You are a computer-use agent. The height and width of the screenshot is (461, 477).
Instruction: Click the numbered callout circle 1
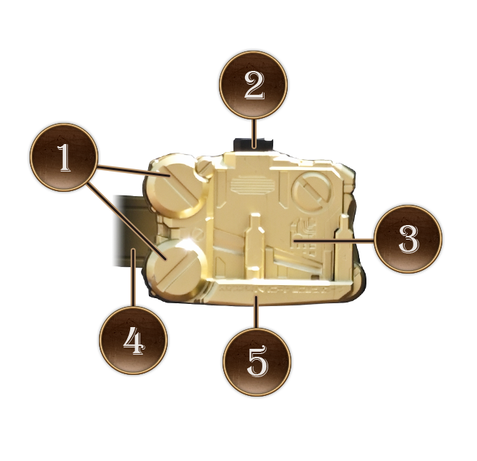[x=64, y=157]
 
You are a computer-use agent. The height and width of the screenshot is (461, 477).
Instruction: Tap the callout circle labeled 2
[x=254, y=85]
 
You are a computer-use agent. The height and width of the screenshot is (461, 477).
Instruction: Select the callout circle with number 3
[x=408, y=239]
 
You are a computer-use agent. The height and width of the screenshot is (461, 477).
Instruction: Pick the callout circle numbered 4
[x=133, y=340]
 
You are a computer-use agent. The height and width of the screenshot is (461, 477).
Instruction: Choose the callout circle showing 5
[x=257, y=362]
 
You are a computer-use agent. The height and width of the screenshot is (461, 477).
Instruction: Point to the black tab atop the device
[x=253, y=144]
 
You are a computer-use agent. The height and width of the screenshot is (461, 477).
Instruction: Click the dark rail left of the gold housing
[x=129, y=231]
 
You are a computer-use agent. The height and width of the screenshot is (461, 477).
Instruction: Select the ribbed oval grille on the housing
[x=252, y=185]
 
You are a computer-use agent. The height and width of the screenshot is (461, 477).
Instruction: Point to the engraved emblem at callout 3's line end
[x=304, y=234]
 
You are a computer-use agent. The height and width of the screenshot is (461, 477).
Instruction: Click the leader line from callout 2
[x=255, y=133]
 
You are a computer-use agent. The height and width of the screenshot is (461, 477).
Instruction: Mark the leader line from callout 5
[x=257, y=311]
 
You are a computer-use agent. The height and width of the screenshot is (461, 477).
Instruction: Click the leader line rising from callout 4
[x=133, y=277]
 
